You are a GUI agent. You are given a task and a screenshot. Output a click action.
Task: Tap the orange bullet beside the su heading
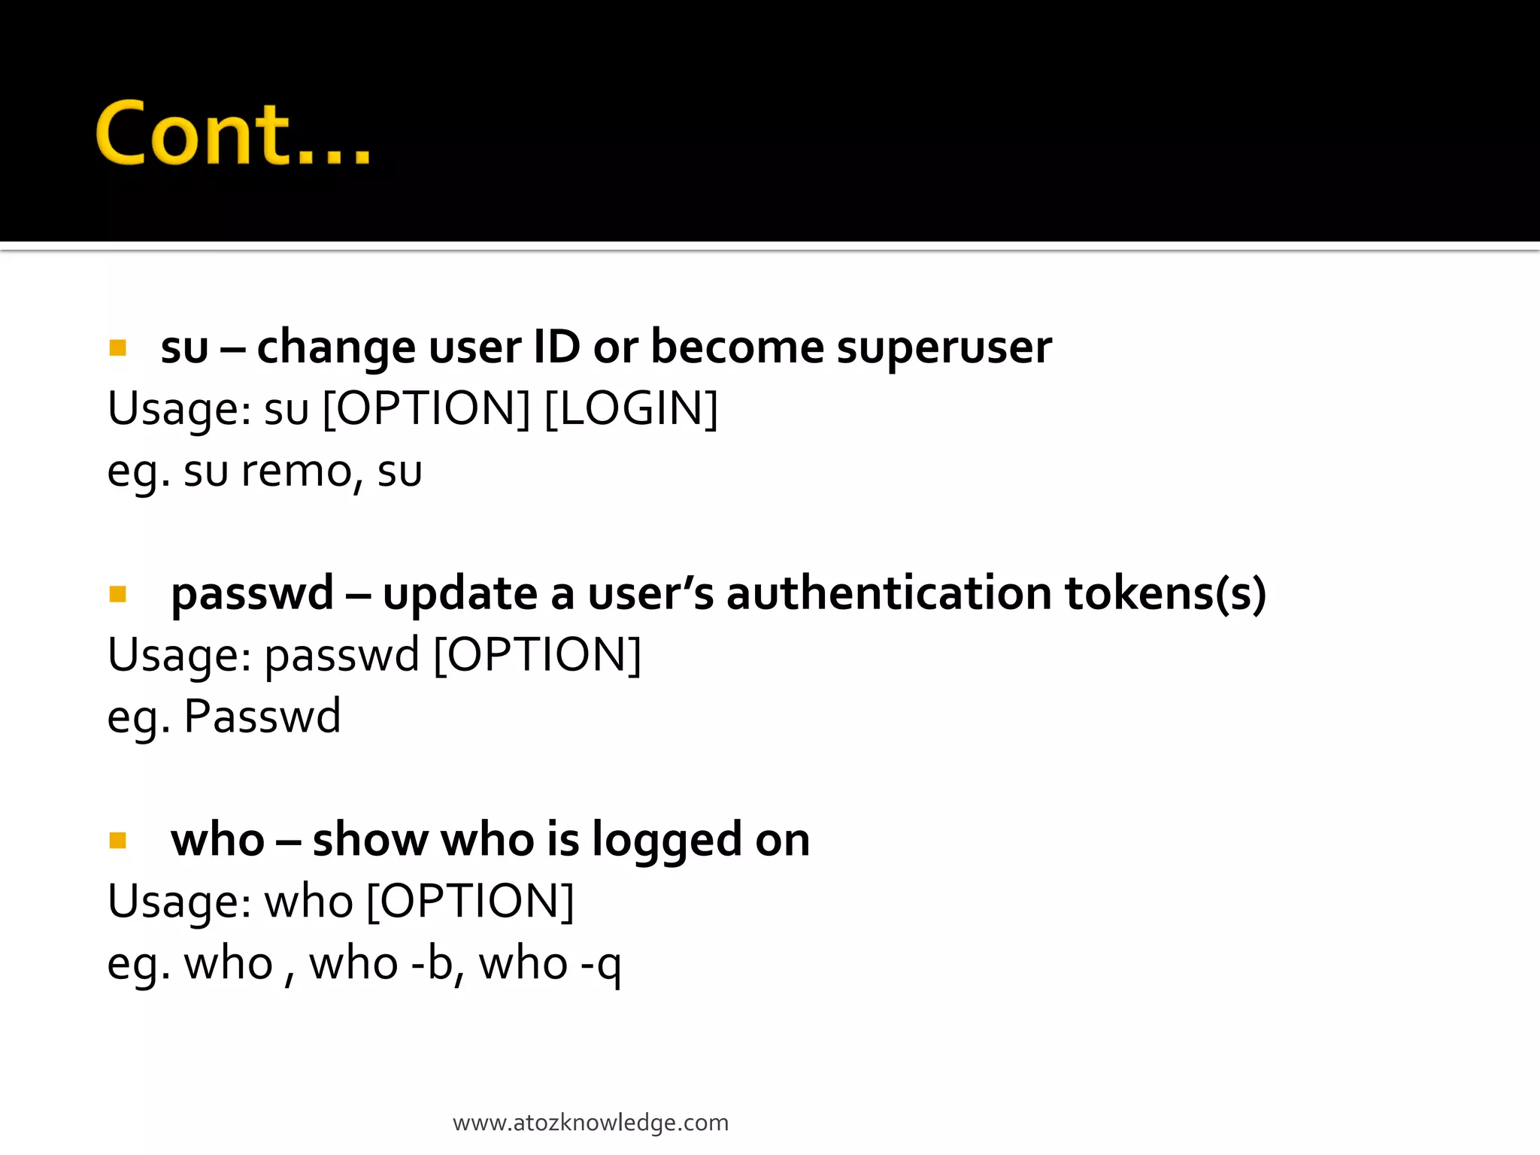pyautogui.click(x=117, y=347)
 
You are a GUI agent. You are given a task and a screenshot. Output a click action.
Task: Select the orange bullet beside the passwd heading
pyautogui.click(x=117, y=594)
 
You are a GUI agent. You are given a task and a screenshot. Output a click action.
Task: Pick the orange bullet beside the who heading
pyautogui.click(x=117, y=840)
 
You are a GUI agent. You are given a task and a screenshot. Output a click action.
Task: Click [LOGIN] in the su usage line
pyautogui.click(x=631, y=409)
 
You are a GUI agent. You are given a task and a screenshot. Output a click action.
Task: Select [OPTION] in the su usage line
pyautogui.click(x=426, y=409)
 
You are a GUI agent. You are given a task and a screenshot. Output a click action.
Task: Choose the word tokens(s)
pyautogui.click(x=1166, y=594)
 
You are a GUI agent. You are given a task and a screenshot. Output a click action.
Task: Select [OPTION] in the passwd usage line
pyautogui.click(x=538, y=655)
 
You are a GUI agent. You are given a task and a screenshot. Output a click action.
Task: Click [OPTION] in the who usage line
pyautogui.click(x=470, y=901)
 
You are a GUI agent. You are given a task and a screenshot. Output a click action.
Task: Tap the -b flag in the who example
pyautogui.click(x=432, y=963)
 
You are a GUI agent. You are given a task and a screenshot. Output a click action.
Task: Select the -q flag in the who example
pyautogui.click(x=601, y=965)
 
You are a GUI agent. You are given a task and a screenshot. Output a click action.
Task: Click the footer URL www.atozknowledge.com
pyautogui.click(x=590, y=1123)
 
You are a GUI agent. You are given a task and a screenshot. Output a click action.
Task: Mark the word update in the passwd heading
pyautogui.click(x=460, y=594)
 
